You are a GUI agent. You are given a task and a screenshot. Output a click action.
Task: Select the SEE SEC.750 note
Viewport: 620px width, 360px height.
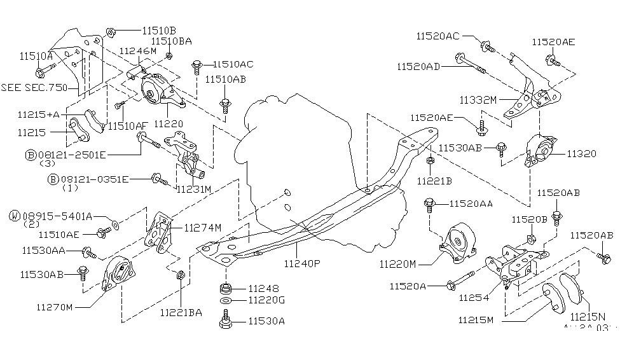pos(34,87)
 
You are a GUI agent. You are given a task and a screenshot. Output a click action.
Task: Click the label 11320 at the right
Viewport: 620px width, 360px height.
pos(582,153)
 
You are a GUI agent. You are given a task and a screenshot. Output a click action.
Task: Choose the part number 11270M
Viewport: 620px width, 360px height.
pos(55,307)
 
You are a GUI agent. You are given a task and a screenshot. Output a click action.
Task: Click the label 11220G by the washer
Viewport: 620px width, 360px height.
pos(266,300)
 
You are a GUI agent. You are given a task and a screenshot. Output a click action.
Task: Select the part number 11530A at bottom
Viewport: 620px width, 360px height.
pos(266,321)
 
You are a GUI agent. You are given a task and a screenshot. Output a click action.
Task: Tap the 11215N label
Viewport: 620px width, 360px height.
pos(588,316)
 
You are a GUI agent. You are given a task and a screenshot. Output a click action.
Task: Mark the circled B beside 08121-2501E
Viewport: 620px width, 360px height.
pos(30,154)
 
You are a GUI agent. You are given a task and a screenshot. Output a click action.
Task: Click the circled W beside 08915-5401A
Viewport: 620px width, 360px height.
pos(14,216)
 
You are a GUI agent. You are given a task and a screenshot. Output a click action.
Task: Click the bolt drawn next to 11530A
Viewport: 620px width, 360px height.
pos(224,319)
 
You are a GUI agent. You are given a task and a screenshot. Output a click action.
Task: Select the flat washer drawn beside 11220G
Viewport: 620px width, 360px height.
pos(225,300)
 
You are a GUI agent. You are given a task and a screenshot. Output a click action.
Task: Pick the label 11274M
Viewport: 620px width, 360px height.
pos(203,227)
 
